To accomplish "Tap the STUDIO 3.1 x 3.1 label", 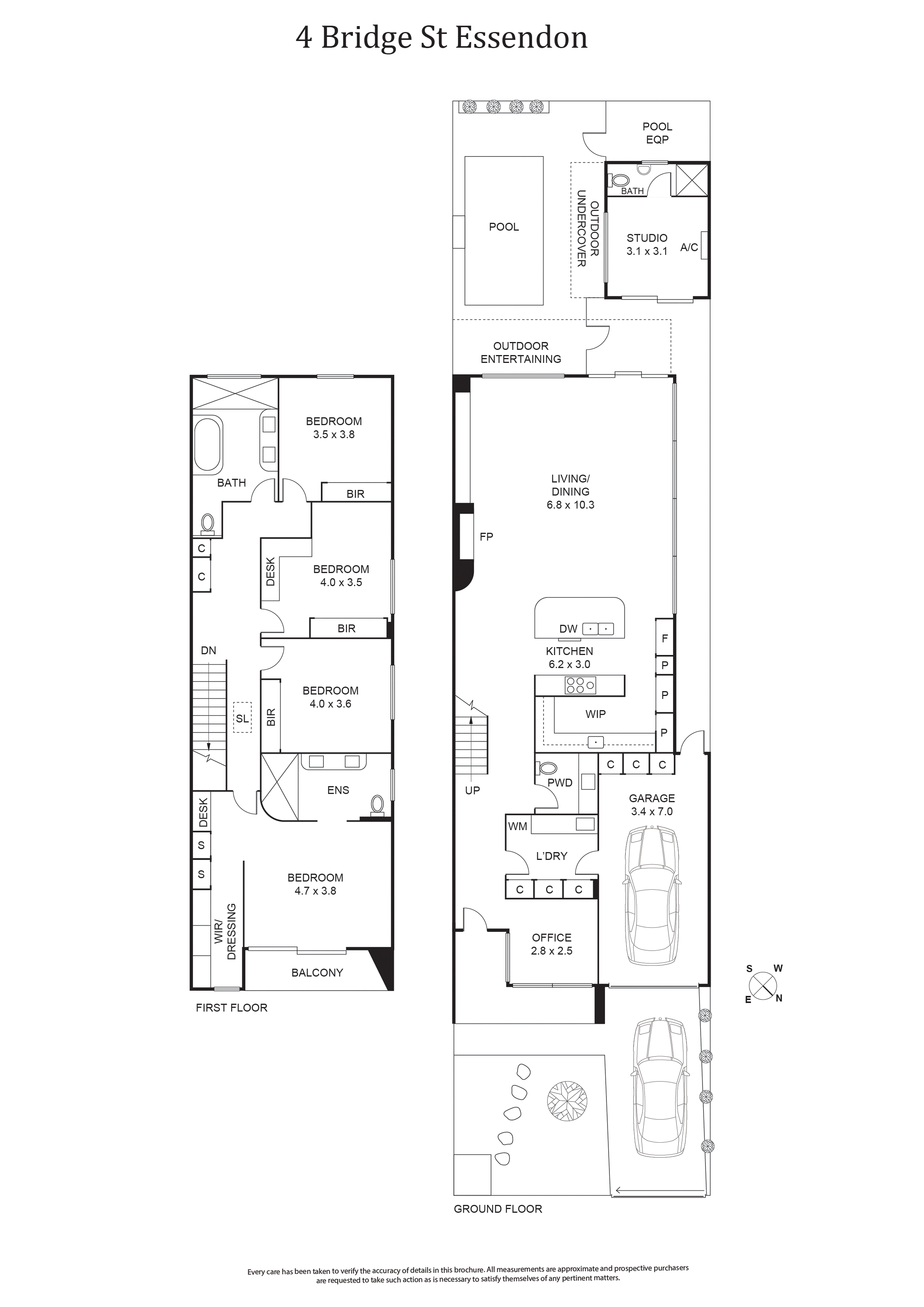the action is pos(647,244).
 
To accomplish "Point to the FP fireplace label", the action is pos(486,536).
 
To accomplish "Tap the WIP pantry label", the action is pos(596,714).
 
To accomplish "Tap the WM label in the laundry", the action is pos(518,826).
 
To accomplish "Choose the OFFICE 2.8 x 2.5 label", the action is pos(551,944).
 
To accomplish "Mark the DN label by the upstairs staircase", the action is pos(208,650).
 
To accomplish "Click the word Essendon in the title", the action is pos(522,38).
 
